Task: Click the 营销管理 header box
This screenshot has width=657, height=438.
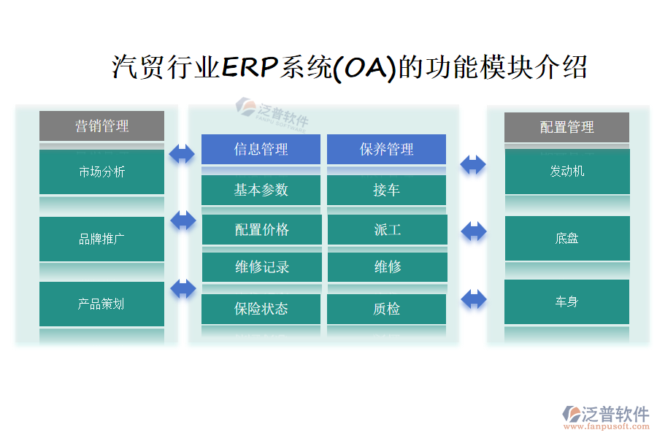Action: pyautogui.click(x=101, y=126)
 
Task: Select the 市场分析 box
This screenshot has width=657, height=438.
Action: pyautogui.click(x=101, y=172)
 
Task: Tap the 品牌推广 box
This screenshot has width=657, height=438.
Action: pyautogui.click(x=101, y=239)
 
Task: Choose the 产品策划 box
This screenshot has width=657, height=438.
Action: pyautogui.click(x=101, y=304)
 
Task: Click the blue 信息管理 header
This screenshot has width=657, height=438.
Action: pyautogui.click(x=261, y=149)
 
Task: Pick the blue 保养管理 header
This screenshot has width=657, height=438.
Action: pyautogui.click(x=386, y=149)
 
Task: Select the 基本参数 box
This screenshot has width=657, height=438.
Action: pyautogui.click(x=261, y=190)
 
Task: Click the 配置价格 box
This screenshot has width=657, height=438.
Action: pyautogui.click(x=261, y=229)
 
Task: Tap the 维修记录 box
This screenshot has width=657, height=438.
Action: pyautogui.click(x=261, y=267)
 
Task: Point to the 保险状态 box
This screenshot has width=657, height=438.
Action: pyautogui.click(x=261, y=309)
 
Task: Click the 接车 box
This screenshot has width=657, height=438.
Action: pyautogui.click(x=386, y=190)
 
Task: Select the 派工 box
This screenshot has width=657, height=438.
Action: pyautogui.click(x=387, y=229)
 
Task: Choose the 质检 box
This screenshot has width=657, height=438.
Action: pyautogui.click(x=386, y=309)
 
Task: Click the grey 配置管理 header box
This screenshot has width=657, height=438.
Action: pyautogui.click(x=566, y=127)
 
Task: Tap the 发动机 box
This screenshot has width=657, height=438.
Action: pyautogui.click(x=566, y=172)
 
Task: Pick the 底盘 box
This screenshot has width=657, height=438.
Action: pyautogui.click(x=566, y=239)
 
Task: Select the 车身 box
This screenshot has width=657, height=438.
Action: pyautogui.click(x=566, y=301)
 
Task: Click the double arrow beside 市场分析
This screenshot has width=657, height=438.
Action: pyautogui.click(x=182, y=153)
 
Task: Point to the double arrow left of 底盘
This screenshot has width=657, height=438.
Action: pyautogui.click(x=474, y=231)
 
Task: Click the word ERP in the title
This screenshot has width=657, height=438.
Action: pyautogui.click(x=248, y=68)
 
